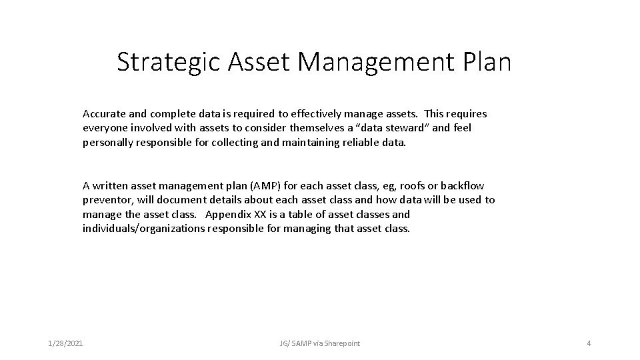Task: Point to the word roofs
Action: (x=415, y=185)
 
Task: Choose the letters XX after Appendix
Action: (x=262, y=215)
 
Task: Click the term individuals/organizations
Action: (x=143, y=229)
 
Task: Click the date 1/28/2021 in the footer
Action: (x=66, y=343)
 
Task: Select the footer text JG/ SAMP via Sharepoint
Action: (x=319, y=343)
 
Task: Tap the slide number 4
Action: (x=588, y=343)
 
